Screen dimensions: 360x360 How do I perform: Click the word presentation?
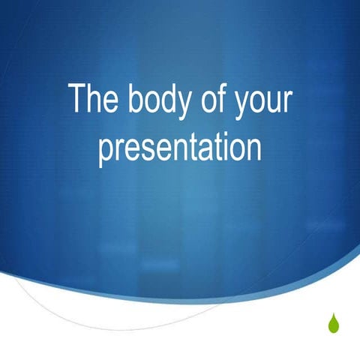coord(180,148)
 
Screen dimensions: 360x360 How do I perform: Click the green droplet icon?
coord(333,323)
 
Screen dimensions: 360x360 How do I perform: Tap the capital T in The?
coord(78,100)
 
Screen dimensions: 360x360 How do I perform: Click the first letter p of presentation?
coord(106,151)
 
